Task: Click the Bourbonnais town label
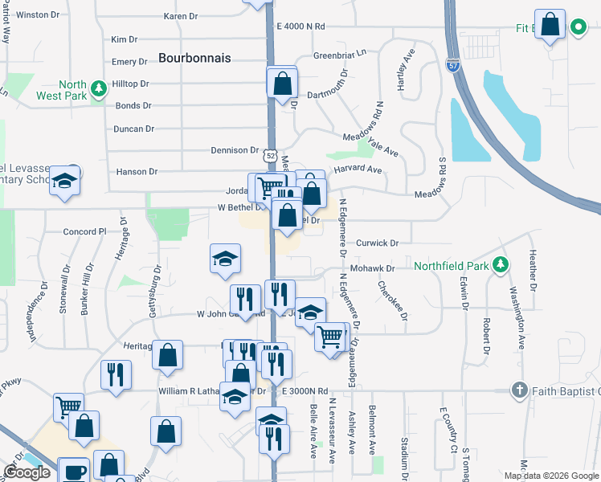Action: coord(194,58)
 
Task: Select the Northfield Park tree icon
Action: coord(501,264)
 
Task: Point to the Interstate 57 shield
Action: coord(454,67)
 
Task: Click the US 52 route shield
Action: coord(271,155)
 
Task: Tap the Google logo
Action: coord(27,472)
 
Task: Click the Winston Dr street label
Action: coord(32,14)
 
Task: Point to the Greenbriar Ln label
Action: coord(339,55)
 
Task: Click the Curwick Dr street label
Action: coord(378,243)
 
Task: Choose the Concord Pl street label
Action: coord(85,231)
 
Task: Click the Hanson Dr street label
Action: coord(136,171)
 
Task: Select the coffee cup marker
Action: coord(76,471)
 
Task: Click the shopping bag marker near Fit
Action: coord(550,26)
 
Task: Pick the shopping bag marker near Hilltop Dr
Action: coord(283,83)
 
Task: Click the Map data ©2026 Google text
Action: coord(551,476)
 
